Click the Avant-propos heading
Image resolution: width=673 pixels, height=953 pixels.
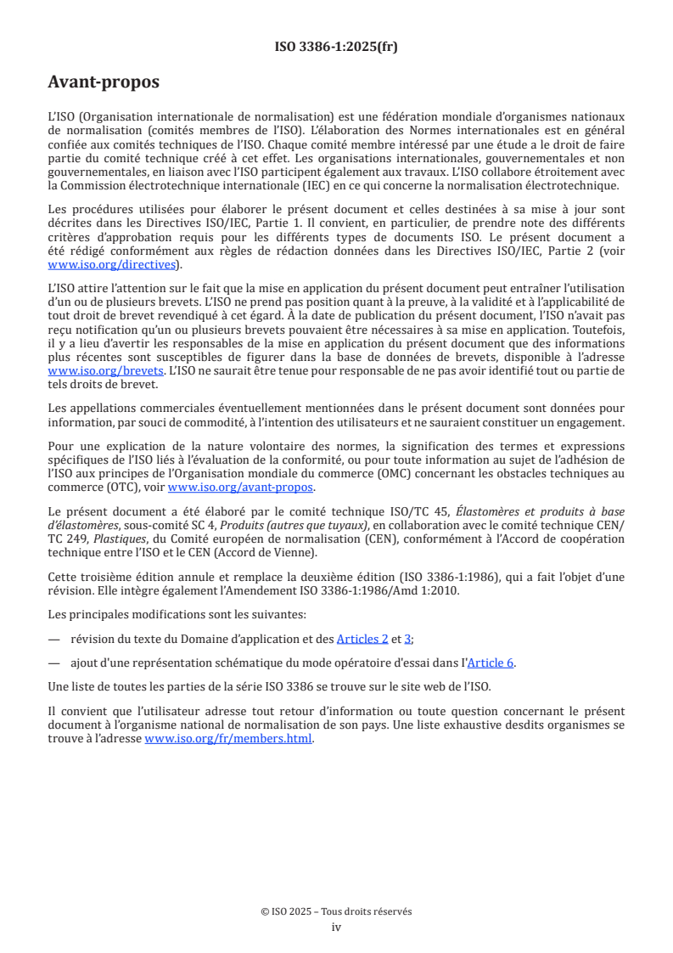point(103,82)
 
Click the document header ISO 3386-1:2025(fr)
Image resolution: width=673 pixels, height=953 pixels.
point(336,47)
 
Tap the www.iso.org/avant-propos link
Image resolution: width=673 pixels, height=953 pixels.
point(240,487)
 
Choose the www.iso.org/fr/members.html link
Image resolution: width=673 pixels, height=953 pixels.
point(229,738)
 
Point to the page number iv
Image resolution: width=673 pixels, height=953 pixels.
point(336,927)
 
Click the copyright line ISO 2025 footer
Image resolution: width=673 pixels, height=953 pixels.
point(336,911)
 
